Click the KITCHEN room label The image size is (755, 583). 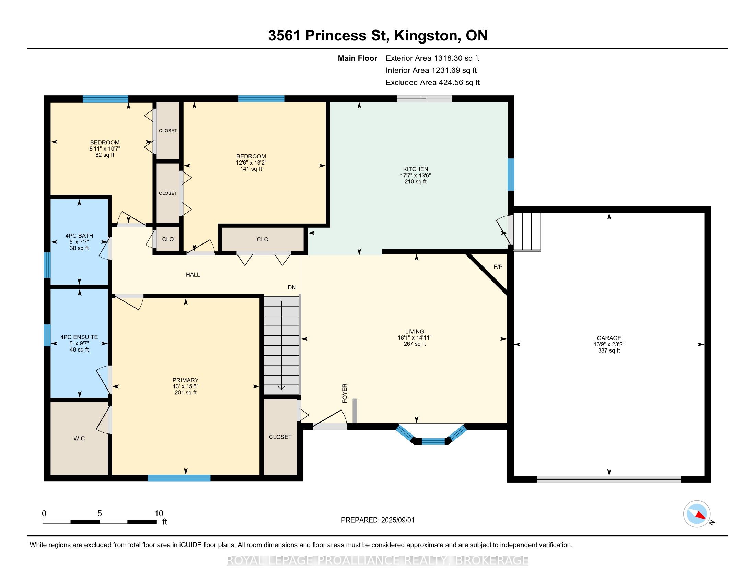pyautogui.click(x=415, y=169)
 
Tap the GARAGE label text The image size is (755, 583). pyautogui.click(x=609, y=338)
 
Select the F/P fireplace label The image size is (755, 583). pyautogui.click(x=498, y=267)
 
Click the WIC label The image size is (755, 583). pyautogui.click(x=79, y=438)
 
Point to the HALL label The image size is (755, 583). pyautogui.click(x=193, y=275)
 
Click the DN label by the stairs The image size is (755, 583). pyautogui.click(x=292, y=287)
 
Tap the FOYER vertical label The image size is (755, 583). pyautogui.click(x=345, y=393)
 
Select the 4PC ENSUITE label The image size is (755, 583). pyautogui.click(x=79, y=337)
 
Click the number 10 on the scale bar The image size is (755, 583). pyautogui.click(x=159, y=514)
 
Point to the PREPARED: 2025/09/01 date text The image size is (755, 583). pyautogui.click(x=377, y=520)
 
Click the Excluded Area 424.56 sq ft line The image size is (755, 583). pyautogui.click(x=433, y=83)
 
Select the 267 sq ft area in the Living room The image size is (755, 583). pyautogui.click(x=415, y=344)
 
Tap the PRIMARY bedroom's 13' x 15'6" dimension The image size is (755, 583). pyautogui.click(x=186, y=386)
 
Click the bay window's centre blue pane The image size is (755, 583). pyautogui.click(x=433, y=441)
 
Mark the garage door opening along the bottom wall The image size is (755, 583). pyautogui.click(x=609, y=479)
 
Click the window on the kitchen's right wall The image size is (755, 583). pyautogui.click(x=511, y=175)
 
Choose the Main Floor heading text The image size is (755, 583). pyautogui.click(x=358, y=58)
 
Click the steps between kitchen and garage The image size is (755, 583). pyautogui.click(x=527, y=231)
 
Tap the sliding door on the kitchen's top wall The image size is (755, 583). pyautogui.click(x=424, y=98)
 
